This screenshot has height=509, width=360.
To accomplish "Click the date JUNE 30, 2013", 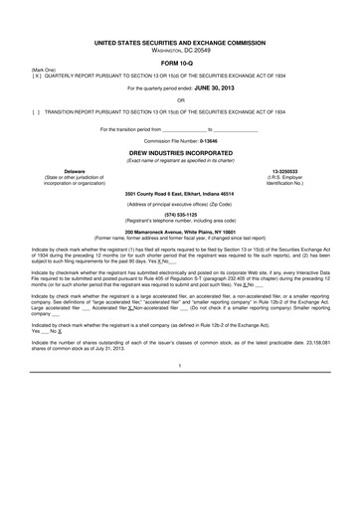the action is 212,87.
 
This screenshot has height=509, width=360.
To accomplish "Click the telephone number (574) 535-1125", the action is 180,213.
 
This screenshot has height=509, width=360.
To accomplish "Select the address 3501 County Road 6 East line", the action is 180,192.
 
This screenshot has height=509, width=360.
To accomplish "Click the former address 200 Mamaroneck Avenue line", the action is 180,232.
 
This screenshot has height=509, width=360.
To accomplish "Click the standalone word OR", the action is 180,100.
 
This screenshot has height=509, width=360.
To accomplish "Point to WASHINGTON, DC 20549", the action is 180,52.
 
